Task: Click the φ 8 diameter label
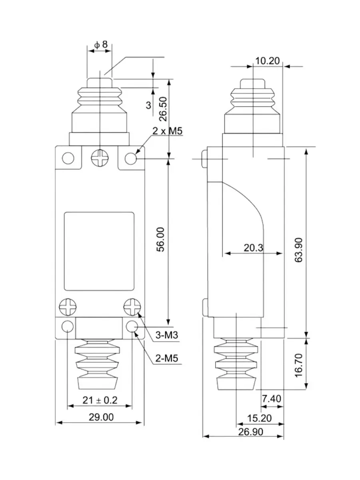[101, 45]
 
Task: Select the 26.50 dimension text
[163, 109]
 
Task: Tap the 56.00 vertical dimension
[161, 240]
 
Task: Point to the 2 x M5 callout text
[167, 131]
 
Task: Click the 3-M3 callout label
[166, 335]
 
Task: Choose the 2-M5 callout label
[166, 358]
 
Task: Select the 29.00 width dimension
[101, 417]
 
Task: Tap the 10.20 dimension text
[267, 61]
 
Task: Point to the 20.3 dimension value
[253, 248]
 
